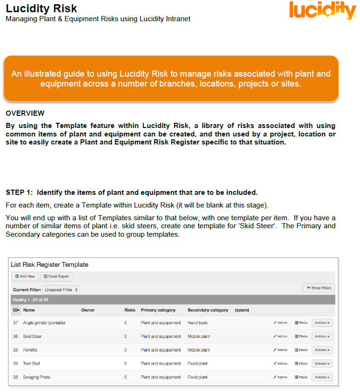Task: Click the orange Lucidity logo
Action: pos(322,11)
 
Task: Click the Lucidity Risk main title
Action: pos(41,8)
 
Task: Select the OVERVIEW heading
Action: pos(25,113)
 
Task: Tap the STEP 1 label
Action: pos(20,192)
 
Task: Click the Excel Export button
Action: pos(56,276)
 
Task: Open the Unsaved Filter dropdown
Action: pos(61,290)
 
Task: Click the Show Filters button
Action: pos(319,288)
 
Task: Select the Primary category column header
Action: pos(158,310)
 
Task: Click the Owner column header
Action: pos(88,310)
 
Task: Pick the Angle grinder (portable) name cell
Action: pos(44,323)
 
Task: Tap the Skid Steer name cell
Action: pos(32,336)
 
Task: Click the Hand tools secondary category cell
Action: pos(197,323)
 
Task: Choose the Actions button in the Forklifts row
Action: pos(322,350)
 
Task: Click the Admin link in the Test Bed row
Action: pos(280,364)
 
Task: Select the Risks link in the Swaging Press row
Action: pos(301,377)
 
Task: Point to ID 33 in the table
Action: pos(16,377)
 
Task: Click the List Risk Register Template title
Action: pos(49,264)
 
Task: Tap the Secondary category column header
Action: pos(208,310)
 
